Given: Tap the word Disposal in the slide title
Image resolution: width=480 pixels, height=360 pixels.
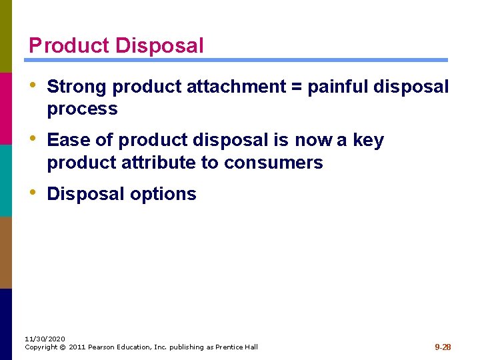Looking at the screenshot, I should [x=159, y=46].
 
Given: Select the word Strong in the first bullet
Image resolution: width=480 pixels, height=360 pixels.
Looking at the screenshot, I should [x=77, y=87].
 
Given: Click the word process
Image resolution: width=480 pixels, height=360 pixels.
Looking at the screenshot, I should [x=82, y=109].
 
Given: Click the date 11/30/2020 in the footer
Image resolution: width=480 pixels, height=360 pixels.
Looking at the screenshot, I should [x=45, y=339].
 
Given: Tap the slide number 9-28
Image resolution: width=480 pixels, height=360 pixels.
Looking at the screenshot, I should [x=443, y=347].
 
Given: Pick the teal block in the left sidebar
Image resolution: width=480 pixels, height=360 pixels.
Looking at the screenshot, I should [x=6, y=180].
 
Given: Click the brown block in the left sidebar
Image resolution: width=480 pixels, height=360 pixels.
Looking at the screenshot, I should [x=6, y=252].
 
